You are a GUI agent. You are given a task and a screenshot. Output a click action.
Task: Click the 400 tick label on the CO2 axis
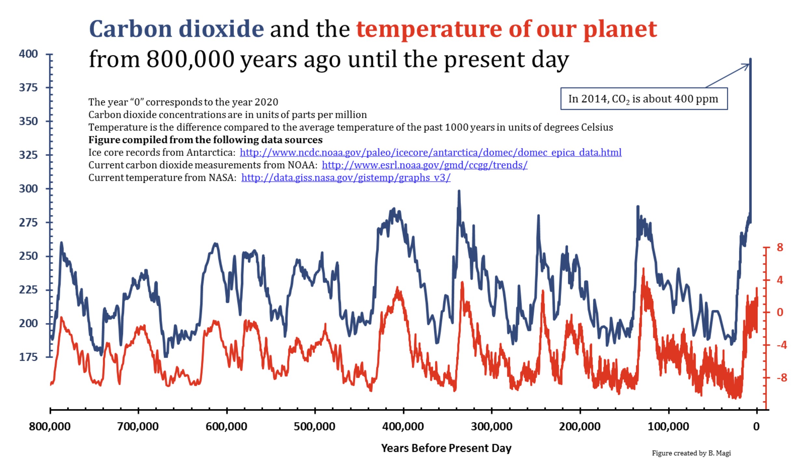pos(28,54)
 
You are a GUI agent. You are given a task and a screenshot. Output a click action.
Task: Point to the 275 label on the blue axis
pos(28,223)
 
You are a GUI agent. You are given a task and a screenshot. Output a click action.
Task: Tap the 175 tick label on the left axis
pos(28,357)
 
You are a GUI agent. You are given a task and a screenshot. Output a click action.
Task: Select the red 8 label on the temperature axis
pos(780,247)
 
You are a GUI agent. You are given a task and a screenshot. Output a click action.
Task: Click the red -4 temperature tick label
pos(782,345)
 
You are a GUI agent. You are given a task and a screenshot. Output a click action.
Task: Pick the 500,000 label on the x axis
pos(315,426)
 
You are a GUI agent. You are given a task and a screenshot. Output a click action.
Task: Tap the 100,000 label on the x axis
pos(668,426)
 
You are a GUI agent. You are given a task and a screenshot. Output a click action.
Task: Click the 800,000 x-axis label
pos(49,426)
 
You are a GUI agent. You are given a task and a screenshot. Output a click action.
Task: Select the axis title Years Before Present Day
pos(446,448)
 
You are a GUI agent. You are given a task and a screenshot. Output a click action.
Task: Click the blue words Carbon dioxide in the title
pos(176,29)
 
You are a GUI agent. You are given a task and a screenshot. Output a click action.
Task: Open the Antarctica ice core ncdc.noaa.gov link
pos(431,152)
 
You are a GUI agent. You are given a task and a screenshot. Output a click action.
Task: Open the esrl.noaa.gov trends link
pos(424,165)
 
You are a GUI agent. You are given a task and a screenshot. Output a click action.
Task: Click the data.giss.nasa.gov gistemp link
pos(346,178)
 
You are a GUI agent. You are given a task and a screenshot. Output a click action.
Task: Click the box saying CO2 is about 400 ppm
pos(644,99)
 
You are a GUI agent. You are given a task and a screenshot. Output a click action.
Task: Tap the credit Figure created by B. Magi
pos(691,453)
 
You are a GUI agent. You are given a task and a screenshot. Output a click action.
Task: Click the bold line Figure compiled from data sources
pos(205,140)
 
